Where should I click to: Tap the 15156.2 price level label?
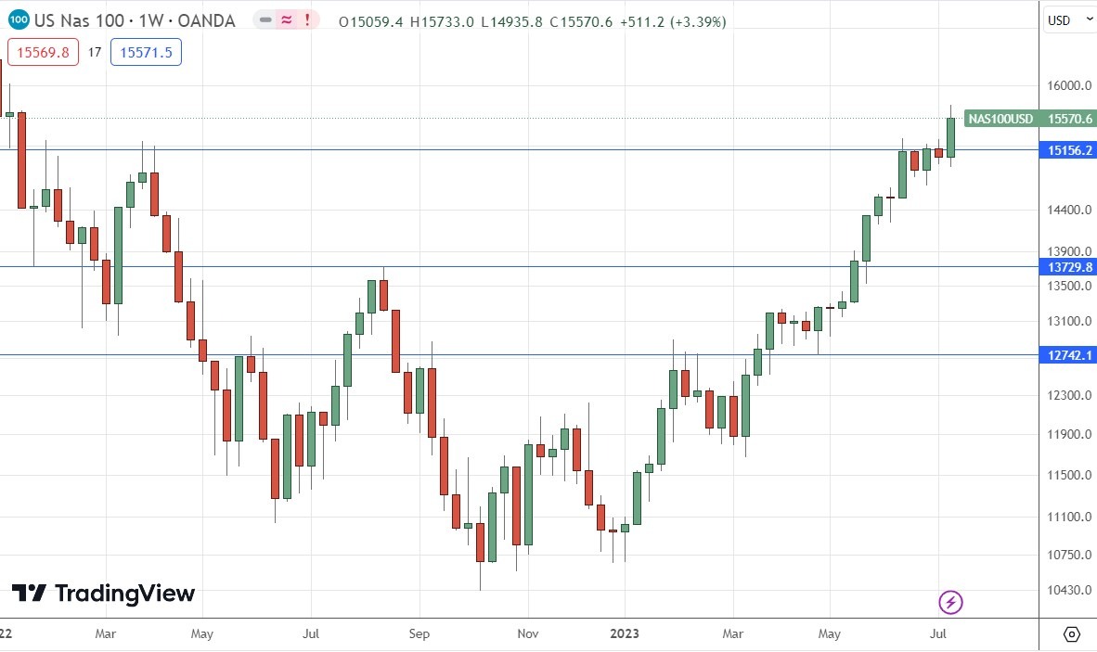pos(1069,149)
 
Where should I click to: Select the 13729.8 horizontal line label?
pos(1069,267)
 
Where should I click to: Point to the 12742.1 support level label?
pos(1069,355)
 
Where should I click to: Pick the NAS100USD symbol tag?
pos(1000,119)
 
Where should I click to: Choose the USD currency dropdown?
pos(1066,20)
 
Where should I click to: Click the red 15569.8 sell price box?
pos(43,53)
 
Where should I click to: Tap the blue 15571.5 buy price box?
pos(146,53)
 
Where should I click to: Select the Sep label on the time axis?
pos(419,634)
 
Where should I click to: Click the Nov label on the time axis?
pos(527,634)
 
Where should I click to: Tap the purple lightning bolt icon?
pos(951,603)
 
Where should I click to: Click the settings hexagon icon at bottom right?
pos(1071,634)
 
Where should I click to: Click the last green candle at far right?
pos(951,136)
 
